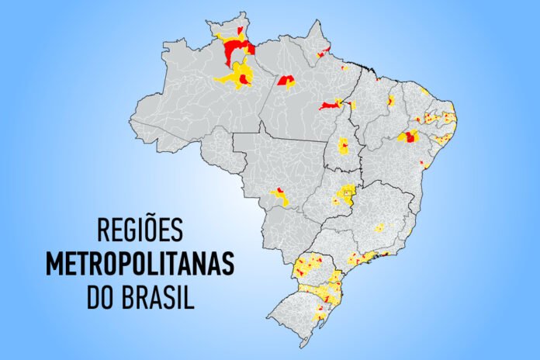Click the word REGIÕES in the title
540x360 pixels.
point(140,230)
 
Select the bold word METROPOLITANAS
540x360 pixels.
point(140,264)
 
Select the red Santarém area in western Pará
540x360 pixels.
point(286,80)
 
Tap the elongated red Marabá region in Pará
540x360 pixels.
point(329,105)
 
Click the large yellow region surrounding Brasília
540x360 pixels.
point(344,195)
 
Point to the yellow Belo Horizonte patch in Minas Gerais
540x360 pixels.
point(379,228)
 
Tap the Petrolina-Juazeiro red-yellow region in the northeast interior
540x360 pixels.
point(408,137)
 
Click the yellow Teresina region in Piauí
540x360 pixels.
point(390,101)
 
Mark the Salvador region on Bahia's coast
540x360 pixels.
point(424,164)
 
